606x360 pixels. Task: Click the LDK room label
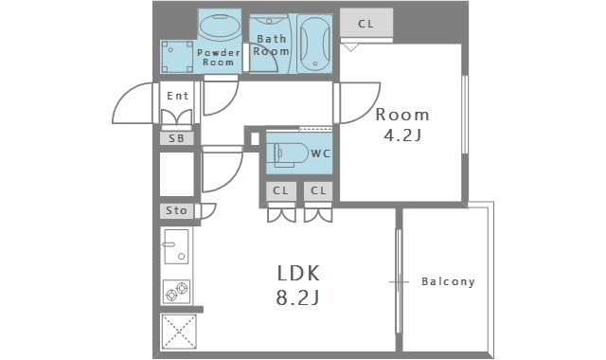298,274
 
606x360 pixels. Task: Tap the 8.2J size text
297,297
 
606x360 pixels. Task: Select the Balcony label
448,281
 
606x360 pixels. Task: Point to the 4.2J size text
401,135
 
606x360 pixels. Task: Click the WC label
320,153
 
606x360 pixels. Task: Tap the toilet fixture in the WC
290,154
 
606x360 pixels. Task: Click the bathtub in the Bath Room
315,44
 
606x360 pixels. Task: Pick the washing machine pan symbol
177,57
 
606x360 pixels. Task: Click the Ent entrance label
177,96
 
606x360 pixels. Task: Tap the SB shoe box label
177,138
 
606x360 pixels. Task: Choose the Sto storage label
176,210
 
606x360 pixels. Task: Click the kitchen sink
176,246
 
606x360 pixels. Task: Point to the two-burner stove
177,291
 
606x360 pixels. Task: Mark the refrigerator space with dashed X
179,332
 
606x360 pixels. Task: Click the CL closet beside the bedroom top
366,24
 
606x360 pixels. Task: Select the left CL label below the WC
280,190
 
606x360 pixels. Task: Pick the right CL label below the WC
318,190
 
